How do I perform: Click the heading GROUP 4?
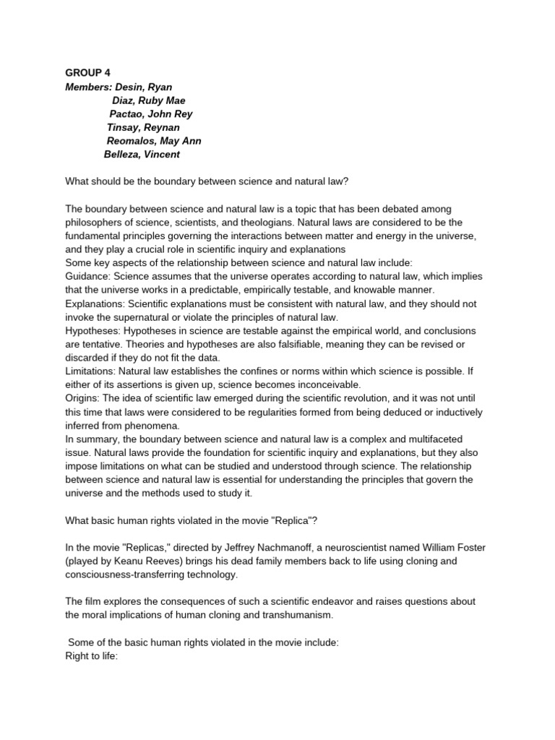click(x=89, y=73)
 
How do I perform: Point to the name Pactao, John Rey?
click(x=151, y=114)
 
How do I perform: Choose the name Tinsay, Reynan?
click(x=143, y=127)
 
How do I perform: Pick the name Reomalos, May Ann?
click(x=154, y=141)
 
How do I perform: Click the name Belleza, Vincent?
click(x=142, y=154)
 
